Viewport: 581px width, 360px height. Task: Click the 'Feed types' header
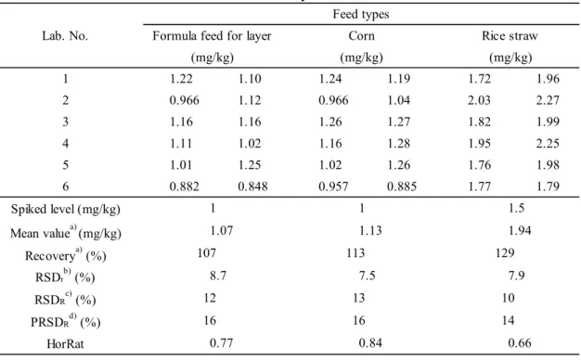361,14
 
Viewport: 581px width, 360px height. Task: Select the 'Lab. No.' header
65,36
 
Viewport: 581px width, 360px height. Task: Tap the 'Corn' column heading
361,36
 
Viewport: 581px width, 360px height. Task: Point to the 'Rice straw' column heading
510,36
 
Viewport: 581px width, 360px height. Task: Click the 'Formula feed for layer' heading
212,36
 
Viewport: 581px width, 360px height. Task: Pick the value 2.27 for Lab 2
548,100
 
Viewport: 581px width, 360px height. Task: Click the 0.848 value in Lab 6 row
252,186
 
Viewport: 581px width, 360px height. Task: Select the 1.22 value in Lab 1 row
181,79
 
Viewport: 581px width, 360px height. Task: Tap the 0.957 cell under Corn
333,186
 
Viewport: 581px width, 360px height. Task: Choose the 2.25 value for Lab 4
548,143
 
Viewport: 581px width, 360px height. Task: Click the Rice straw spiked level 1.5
517,208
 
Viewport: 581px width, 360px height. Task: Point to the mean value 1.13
370,231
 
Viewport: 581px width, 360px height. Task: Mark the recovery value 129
505,253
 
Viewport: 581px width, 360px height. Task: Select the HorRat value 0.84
370,343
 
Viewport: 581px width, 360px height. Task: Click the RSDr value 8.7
218,276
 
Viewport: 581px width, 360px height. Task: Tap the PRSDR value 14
508,320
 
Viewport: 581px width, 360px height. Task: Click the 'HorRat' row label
65,343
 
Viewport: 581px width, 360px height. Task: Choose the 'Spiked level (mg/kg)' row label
66,210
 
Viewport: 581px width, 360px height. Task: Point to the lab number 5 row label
66,165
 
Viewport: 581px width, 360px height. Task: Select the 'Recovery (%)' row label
66,255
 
